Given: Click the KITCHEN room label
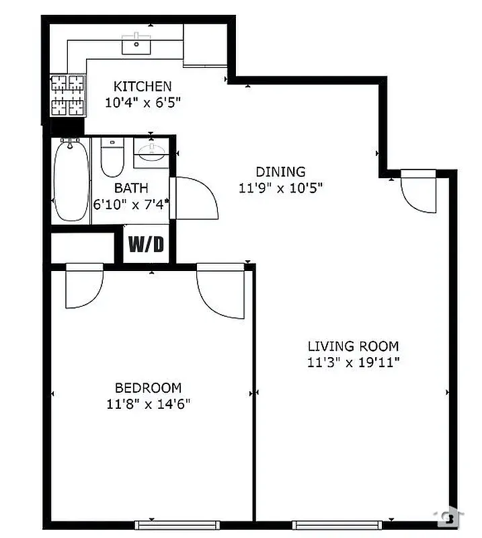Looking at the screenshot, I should coord(143,86).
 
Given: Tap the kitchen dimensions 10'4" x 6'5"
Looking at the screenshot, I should coord(143,103).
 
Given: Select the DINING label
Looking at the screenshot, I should coord(280,171).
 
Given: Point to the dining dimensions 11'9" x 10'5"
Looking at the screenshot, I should coord(280,188).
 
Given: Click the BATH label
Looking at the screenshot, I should coord(131,188).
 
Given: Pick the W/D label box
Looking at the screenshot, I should coord(146,244).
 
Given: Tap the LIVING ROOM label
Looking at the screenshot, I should coord(353,346).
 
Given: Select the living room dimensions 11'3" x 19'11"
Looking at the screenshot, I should coord(353,363).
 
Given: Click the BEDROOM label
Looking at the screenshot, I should coord(148,388).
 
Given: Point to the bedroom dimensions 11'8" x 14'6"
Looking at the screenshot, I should coord(148,404).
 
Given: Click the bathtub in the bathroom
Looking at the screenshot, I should coord(71,180).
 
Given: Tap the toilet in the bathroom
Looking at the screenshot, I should coord(112,157).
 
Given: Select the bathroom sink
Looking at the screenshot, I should coord(152,153).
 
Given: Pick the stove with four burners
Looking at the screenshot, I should coord(68,94).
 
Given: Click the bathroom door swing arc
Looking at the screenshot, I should coord(198,198).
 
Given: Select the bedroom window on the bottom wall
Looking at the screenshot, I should coord(177,524).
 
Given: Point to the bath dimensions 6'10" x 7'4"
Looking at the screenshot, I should coord(131,203).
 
